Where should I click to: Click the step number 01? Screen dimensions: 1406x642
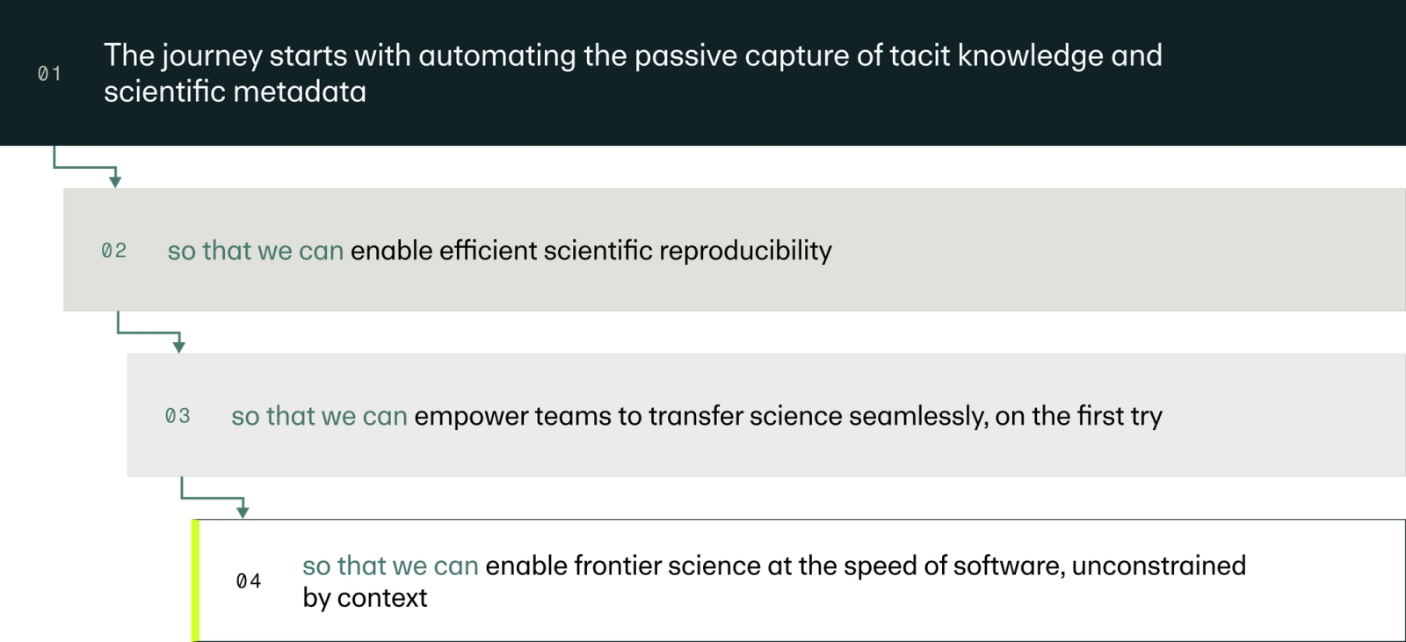(49, 74)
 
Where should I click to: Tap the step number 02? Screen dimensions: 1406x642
(113, 251)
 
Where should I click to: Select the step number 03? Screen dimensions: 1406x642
(178, 416)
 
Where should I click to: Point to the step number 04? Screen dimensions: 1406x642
(249, 581)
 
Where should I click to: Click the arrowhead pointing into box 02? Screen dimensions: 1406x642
(115, 181)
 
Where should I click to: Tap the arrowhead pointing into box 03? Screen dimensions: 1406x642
(179, 347)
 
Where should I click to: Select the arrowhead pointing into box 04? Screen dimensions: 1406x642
(243, 512)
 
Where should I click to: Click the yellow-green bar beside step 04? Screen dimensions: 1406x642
(195, 580)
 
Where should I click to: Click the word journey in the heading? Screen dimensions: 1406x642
(212, 56)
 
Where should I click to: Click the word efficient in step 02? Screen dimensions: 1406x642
(488, 251)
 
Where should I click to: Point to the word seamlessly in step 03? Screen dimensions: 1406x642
(918, 417)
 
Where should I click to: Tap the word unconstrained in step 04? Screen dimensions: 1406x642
(1159, 566)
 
